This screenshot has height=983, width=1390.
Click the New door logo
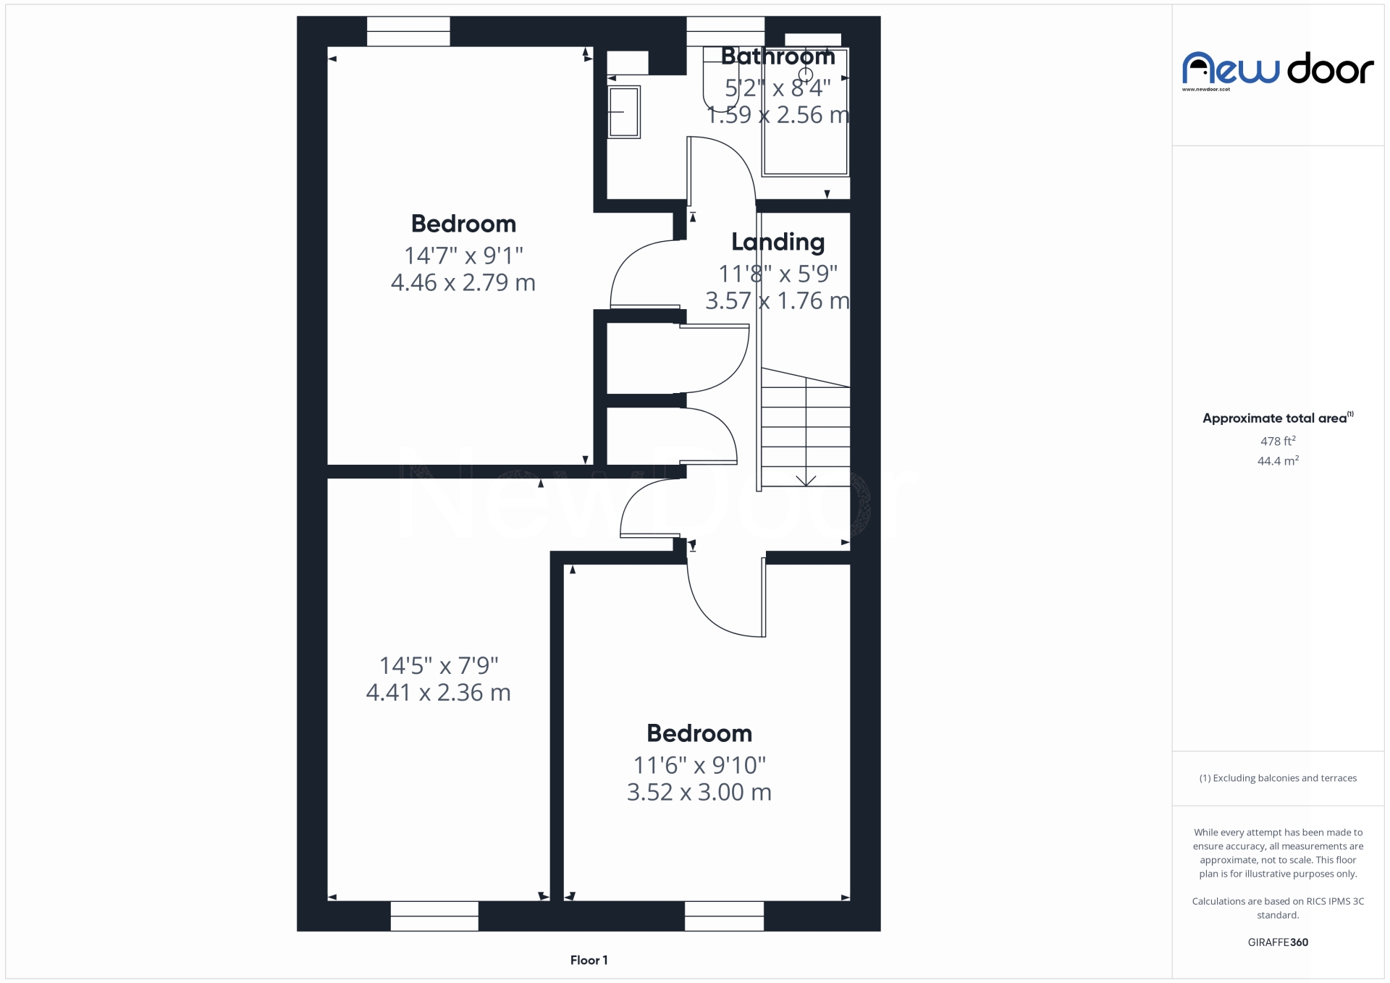(x=1278, y=70)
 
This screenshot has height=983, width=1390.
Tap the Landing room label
(x=778, y=242)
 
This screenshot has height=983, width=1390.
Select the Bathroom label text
(x=778, y=56)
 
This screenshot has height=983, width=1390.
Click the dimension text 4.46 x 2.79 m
(x=463, y=282)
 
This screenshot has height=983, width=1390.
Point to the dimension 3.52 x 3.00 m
(x=699, y=792)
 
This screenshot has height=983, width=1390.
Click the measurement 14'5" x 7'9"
(x=439, y=665)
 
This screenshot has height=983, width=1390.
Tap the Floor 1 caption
(x=589, y=960)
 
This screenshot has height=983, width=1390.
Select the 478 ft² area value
(x=1278, y=441)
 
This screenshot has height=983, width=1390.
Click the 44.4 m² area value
(x=1278, y=461)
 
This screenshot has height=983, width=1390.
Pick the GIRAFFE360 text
(x=1278, y=942)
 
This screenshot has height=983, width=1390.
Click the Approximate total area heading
(x=1278, y=418)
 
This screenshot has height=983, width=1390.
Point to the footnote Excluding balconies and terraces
(x=1278, y=778)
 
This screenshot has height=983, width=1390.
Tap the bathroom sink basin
(x=623, y=112)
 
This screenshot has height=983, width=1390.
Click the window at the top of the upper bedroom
(x=408, y=31)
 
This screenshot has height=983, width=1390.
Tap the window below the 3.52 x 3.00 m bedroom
(x=724, y=916)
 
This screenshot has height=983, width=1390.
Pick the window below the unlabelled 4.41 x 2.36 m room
(x=434, y=916)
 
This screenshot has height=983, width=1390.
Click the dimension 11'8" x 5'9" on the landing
(x=778, y=274)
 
